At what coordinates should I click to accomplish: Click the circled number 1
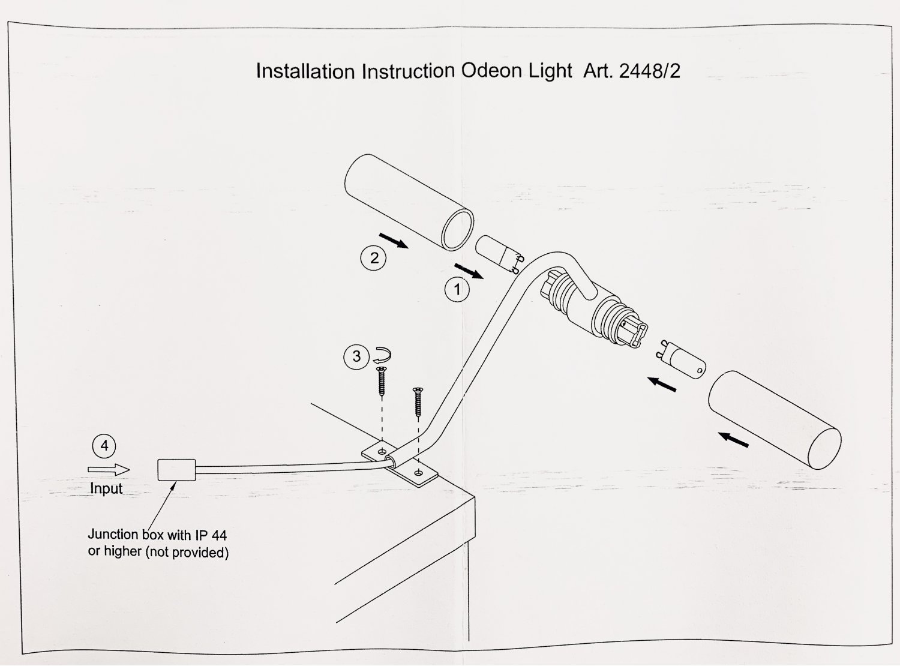pyautogui.click(x=457, y=290)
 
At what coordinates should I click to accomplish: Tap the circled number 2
pyautogui.click(x=374, y=258)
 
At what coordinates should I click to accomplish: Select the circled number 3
pyautogui.click(x=356, y=356)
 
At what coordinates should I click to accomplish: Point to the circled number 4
pyautogui.click(x=104, y=446)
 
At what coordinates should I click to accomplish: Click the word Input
pyautogui.click(x=106, y=488)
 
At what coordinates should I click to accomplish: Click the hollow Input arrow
pyautogui.click(x=109, y=469)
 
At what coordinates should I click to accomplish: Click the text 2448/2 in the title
pyautogui.click(x=649, y=71)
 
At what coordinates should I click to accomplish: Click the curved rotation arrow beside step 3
pyautogui.click(x=380, y=355)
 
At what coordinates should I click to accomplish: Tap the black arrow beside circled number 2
pyautogui.click(x=394, y=240)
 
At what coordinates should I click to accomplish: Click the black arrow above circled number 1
pyautogui.click(x=469, y=271)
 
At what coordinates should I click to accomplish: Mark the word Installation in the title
pyautogui.click(x=305, y=71)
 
